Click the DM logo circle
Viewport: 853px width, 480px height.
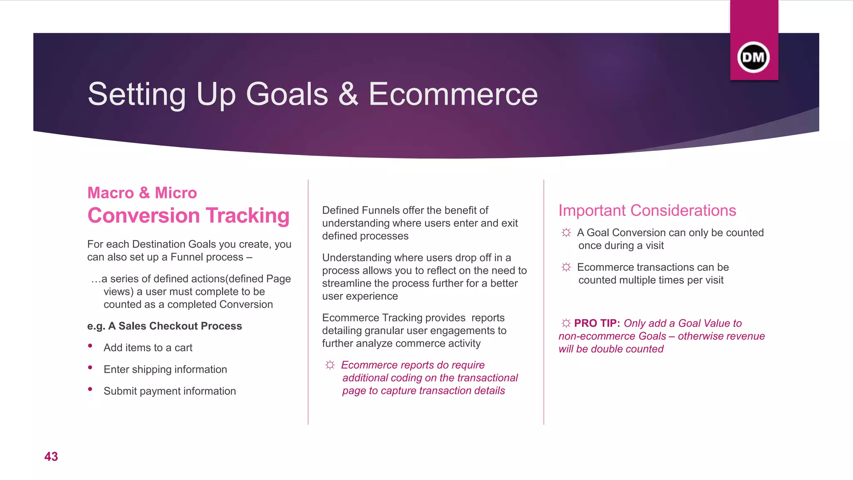[753, 57]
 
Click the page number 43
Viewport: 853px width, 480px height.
[51, 457]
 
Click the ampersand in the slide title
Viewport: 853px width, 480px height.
[348, 94]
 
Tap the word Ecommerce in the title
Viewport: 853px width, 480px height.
[453, 94]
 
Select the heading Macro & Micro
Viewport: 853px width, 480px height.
[142, 193]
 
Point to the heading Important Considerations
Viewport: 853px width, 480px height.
[647, 210]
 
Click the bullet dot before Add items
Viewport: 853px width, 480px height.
[90, 346]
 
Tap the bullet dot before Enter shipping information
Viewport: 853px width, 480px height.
[90, 367]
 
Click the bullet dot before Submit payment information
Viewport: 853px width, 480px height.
[90, 389]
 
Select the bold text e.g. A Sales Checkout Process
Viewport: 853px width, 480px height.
[165, 326]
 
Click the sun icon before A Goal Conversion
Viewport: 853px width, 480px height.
[566, 232]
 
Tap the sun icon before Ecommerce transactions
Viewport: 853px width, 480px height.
[566, 267]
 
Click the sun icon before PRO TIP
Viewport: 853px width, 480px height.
[566, 323]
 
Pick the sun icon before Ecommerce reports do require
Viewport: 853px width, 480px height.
[330, 365]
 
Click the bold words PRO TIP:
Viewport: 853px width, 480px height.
[597, 323]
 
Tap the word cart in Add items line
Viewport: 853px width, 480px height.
[183, 348]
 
